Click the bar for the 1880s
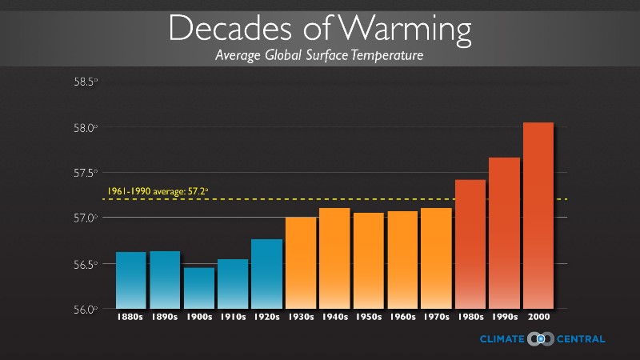coord(131,280)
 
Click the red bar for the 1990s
coord(504,232)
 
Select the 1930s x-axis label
coord(301,318)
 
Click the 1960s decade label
coord(402,318)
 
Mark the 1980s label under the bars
coord(470,318)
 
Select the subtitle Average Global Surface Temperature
coord(318,56)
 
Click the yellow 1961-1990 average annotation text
coord(158,192)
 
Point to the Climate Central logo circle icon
coord(541,339)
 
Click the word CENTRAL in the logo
coord(582,339)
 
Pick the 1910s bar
coord(233,283)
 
